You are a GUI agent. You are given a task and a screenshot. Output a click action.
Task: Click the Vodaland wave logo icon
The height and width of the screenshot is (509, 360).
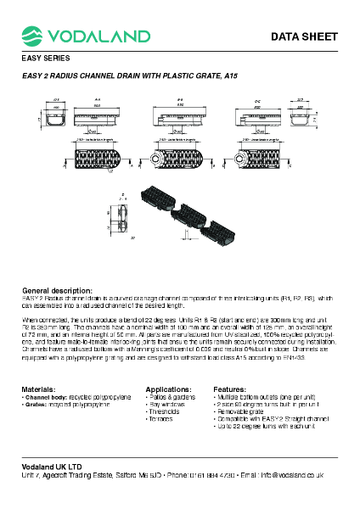tap(32, 36)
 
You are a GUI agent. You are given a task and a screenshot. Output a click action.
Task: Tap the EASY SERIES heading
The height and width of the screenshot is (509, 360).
tap(46, 59)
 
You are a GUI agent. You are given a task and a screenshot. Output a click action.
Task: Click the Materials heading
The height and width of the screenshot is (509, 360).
tap(38, 389)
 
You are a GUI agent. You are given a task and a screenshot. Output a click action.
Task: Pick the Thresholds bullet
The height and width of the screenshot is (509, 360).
tap(164, 411)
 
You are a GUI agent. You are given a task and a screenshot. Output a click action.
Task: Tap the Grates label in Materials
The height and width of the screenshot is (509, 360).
tap(34, 404)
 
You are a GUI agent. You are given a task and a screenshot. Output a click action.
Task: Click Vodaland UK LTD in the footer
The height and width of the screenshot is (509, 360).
tap(52, 467)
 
